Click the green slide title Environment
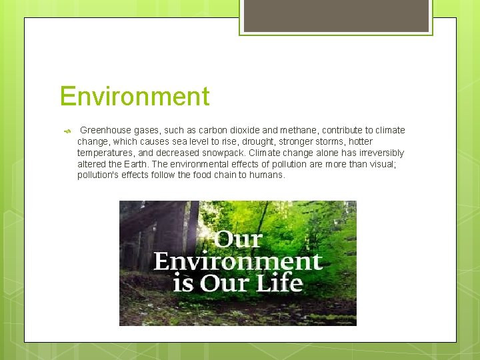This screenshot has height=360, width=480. click(134, 97)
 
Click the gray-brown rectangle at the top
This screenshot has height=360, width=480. click(336, 15)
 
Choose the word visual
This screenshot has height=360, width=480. click(382, 164)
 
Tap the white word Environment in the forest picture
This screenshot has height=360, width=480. click(238, 261)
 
